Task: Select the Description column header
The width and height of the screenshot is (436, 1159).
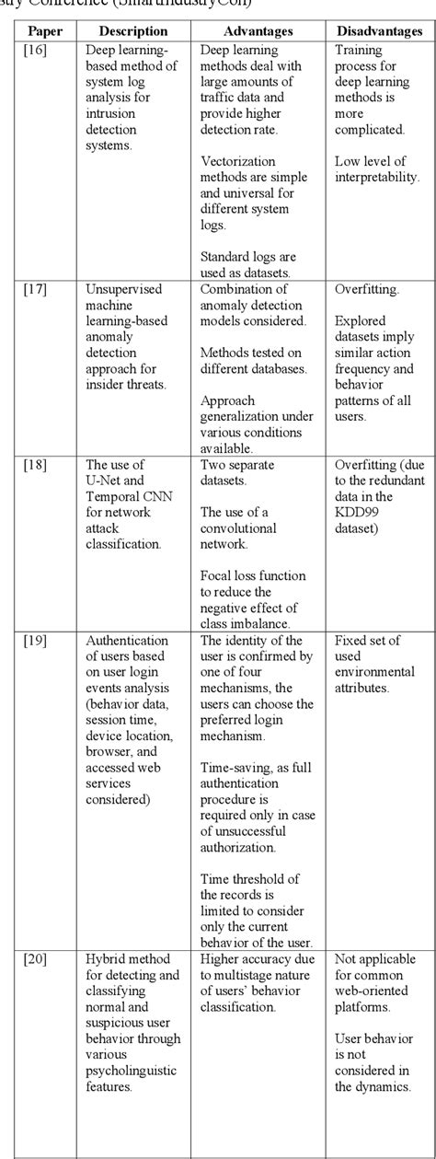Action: click(x=133, y=31)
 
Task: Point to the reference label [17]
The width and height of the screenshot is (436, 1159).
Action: click(x=34, y=289)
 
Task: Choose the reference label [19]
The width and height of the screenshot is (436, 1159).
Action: click(x=34, y=641)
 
